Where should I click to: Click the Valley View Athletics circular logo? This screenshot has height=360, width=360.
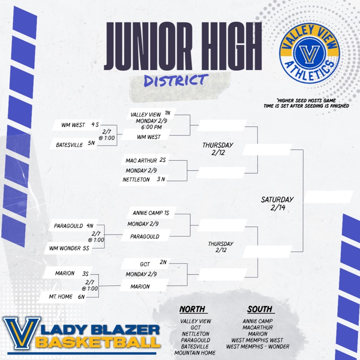point(309,53)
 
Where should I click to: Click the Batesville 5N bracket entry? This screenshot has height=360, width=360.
point(75,144)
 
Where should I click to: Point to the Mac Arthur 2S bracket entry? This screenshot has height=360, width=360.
point(145,160)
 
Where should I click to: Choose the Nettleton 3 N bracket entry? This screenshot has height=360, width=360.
point(144,180)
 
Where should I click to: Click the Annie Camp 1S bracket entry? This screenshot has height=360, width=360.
point(151,213)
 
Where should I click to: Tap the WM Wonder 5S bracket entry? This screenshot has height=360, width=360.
point(69,248)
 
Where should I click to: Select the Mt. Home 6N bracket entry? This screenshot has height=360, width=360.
point(66,297)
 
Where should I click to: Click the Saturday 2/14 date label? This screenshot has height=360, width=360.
point(277,203)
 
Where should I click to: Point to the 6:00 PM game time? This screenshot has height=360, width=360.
point(151,127)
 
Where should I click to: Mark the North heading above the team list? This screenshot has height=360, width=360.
point(192,309)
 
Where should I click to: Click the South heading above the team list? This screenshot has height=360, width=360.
point(260,309)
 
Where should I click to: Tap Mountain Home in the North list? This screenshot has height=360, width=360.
point(195,353)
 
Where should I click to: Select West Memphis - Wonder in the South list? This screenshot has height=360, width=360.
point(258,347)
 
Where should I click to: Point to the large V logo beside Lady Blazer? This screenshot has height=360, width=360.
point(21,333)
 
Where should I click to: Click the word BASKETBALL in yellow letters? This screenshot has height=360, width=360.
point(97,343)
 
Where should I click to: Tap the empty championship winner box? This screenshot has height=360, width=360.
point(328,197)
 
